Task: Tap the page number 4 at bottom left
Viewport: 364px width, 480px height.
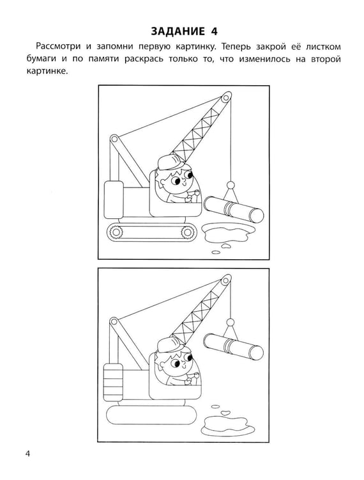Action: point(28,453)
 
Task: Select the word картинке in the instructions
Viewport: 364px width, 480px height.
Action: point(46,71)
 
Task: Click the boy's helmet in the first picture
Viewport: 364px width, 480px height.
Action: point(170,162)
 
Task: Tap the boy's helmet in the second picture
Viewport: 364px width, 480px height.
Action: point(171,345)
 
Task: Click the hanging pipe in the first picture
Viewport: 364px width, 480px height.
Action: point(234,210)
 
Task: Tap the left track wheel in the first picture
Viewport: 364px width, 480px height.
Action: point(116,232)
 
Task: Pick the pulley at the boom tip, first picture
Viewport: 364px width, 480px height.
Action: point(226,98)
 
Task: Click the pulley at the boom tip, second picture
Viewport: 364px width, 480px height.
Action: point(226,281)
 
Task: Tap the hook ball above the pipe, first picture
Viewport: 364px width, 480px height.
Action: point(230,185)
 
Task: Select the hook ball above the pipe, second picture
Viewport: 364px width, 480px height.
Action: point(231,323)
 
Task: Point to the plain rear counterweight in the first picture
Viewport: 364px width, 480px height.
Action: point(114,200)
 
